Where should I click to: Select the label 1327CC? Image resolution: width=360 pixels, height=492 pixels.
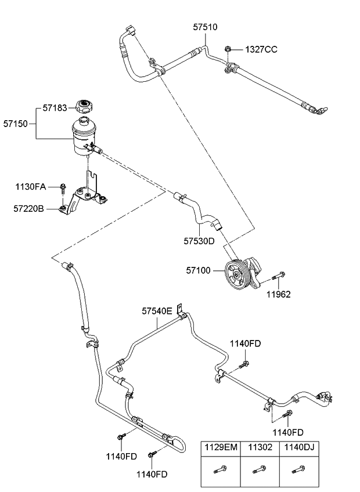261,49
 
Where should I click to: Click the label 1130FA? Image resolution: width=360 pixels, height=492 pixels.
30,187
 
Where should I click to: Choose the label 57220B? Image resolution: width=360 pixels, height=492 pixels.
30,207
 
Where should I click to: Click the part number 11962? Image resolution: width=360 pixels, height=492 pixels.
279,294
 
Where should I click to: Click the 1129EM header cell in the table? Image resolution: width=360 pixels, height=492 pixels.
219,447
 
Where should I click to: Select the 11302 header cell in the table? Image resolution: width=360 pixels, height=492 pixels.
258,447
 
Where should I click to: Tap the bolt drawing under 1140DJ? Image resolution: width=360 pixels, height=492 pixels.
298,469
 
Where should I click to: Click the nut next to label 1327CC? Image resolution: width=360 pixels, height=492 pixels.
230,50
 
